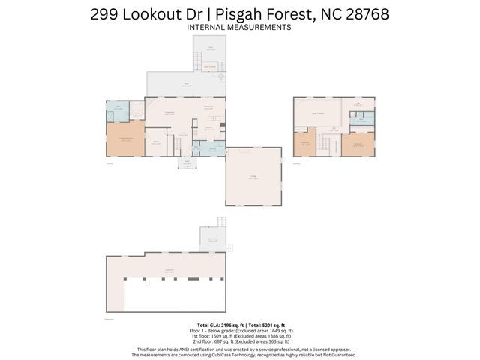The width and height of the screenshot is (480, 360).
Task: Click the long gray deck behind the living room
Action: [x=185, y=84]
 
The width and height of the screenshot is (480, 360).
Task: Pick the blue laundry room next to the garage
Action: [x=212, y=151]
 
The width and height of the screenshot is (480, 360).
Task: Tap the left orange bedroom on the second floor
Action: [x=306, y=144]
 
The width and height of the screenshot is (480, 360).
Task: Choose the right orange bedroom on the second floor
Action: [x=358, y=143]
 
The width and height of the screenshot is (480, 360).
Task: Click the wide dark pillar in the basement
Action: [x=193, y=279]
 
